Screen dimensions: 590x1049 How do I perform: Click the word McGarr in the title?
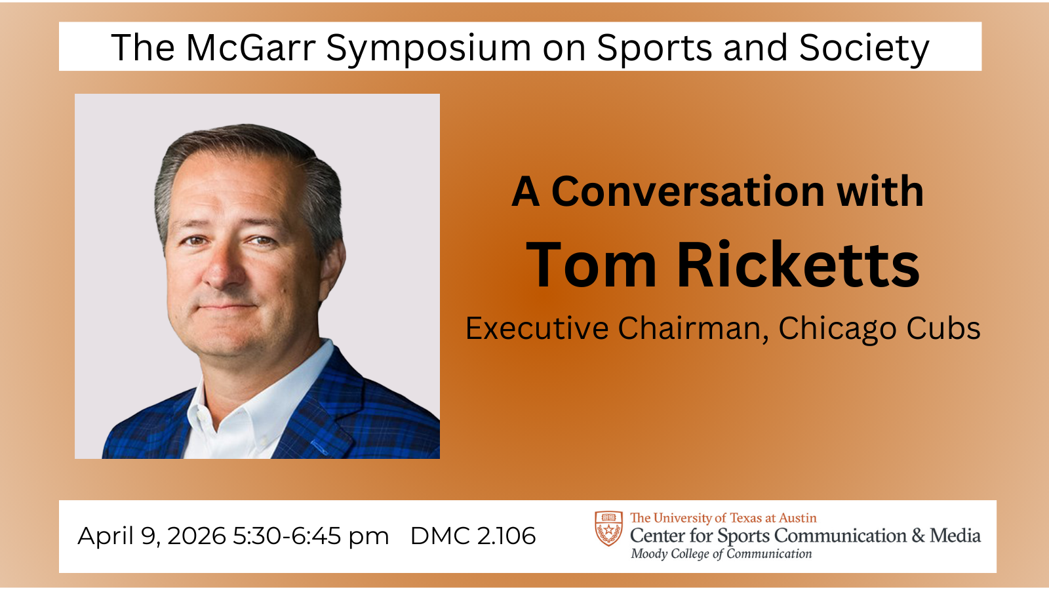pyautogui.click(x=250, y=48)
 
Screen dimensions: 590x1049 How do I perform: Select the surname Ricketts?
pyautogui.click(x=798, y=265)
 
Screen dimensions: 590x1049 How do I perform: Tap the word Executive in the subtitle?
pyautogui.click(x=537, y=328)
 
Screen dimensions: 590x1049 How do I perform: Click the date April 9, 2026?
pyautogui.click(x=152, y=536)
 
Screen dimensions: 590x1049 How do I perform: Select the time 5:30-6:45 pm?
pyautogui.click(x=311, y=536)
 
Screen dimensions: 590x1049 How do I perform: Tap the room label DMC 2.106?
pyautogui.click(x=473, y=536)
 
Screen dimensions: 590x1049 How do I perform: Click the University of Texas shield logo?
pyautogui.click(x=608, y=528)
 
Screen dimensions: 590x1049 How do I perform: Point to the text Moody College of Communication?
pyautogui.click(x=721, y=554)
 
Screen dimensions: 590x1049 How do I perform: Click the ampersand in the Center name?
pyautogui.click(x=918, y=536)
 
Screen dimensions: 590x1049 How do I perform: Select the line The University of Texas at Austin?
pyautogui.click(x=723, y=518)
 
